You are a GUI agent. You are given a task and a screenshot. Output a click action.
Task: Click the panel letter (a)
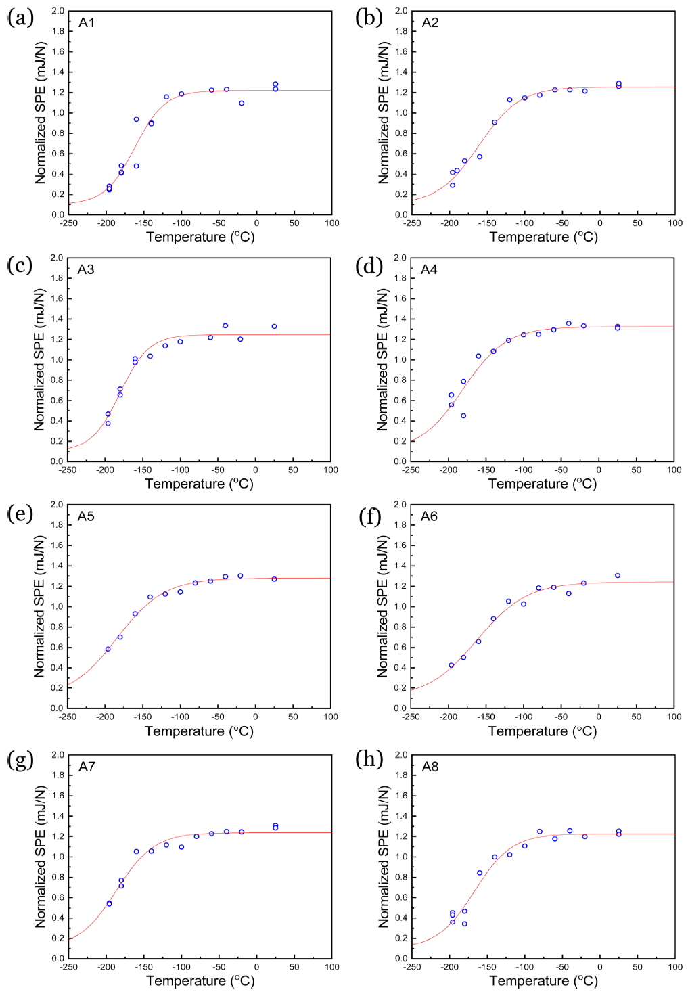20,18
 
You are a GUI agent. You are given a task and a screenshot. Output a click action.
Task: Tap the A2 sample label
430,23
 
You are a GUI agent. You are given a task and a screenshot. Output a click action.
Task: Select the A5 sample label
86,516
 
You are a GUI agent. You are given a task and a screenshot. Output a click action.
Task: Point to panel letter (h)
369,759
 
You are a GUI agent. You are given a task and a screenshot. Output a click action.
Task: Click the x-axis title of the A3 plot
199,484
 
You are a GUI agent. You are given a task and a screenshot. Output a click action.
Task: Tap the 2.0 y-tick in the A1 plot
58,11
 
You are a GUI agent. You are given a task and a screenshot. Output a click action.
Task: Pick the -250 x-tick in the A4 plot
411,470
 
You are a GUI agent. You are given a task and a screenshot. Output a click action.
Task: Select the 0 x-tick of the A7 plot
257,967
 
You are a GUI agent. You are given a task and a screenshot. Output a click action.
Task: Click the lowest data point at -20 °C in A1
242,104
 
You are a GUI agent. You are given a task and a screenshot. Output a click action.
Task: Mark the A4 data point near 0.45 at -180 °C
463,415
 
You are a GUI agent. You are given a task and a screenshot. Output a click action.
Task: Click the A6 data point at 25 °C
618,576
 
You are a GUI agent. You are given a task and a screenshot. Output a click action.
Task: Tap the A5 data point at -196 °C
108,649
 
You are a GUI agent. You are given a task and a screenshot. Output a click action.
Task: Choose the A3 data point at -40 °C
225,326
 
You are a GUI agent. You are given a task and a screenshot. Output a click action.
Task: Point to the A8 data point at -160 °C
480,873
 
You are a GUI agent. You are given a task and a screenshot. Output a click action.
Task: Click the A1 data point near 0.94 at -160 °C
136,119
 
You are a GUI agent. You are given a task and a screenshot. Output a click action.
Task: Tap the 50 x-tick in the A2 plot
637,223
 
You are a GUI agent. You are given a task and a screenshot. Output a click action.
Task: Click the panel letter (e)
20,514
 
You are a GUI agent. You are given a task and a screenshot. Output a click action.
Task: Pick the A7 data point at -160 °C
136,852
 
